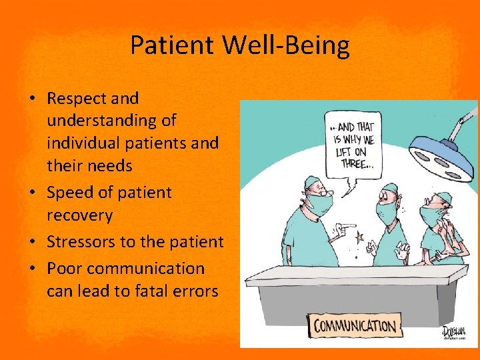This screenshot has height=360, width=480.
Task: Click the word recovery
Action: click(x=79, y=216)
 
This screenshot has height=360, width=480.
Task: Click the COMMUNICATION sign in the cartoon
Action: click(x=355, y=327)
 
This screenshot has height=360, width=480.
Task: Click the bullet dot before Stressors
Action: click(x=32, y=243)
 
